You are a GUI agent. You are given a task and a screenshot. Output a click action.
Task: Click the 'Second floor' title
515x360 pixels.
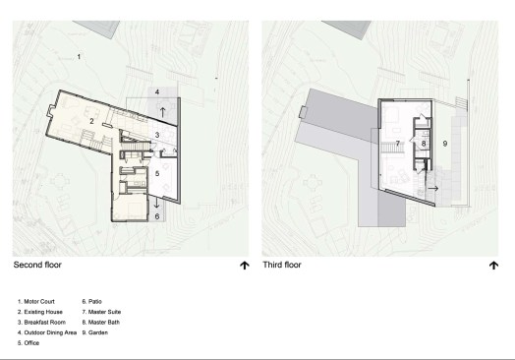[37, 265]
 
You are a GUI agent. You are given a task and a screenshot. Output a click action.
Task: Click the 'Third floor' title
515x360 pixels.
[282, 265]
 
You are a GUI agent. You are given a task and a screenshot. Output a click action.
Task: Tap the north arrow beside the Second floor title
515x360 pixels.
[245, 266]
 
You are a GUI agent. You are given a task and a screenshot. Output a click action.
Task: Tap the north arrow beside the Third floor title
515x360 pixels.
[493, 266]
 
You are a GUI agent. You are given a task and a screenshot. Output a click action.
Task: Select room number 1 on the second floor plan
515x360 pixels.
[79, 57]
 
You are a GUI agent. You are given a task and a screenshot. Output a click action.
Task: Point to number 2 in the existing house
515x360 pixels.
[91, 121]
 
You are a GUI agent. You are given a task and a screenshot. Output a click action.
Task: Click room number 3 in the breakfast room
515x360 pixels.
[157, 135]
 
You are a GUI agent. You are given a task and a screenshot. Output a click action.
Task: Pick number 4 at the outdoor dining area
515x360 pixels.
[157, 92]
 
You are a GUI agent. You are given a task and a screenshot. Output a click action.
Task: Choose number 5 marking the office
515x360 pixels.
[157, 173]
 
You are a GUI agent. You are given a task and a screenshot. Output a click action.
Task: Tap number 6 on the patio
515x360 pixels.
[157, 216]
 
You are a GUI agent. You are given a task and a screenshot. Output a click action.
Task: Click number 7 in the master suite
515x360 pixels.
[398, 144]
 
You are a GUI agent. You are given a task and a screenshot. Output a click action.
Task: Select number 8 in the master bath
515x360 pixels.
[424, 144]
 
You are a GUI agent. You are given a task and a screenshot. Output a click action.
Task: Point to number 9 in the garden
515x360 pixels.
[445, 144]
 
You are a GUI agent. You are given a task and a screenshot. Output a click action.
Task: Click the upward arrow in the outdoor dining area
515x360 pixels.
[162, 112]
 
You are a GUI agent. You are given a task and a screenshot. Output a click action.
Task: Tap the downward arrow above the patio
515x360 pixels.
[156, 203]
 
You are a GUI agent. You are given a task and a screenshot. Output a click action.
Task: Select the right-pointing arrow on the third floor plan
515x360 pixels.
[432, 189]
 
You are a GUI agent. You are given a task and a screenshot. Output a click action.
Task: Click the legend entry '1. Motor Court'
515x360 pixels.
[36, 302]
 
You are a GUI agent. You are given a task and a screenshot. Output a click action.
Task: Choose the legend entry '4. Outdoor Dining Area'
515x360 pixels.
[47, 332]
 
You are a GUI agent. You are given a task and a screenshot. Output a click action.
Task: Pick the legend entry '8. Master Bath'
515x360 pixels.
[101, 323]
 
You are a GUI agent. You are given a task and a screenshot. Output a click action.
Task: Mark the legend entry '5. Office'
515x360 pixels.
[29, 343]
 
